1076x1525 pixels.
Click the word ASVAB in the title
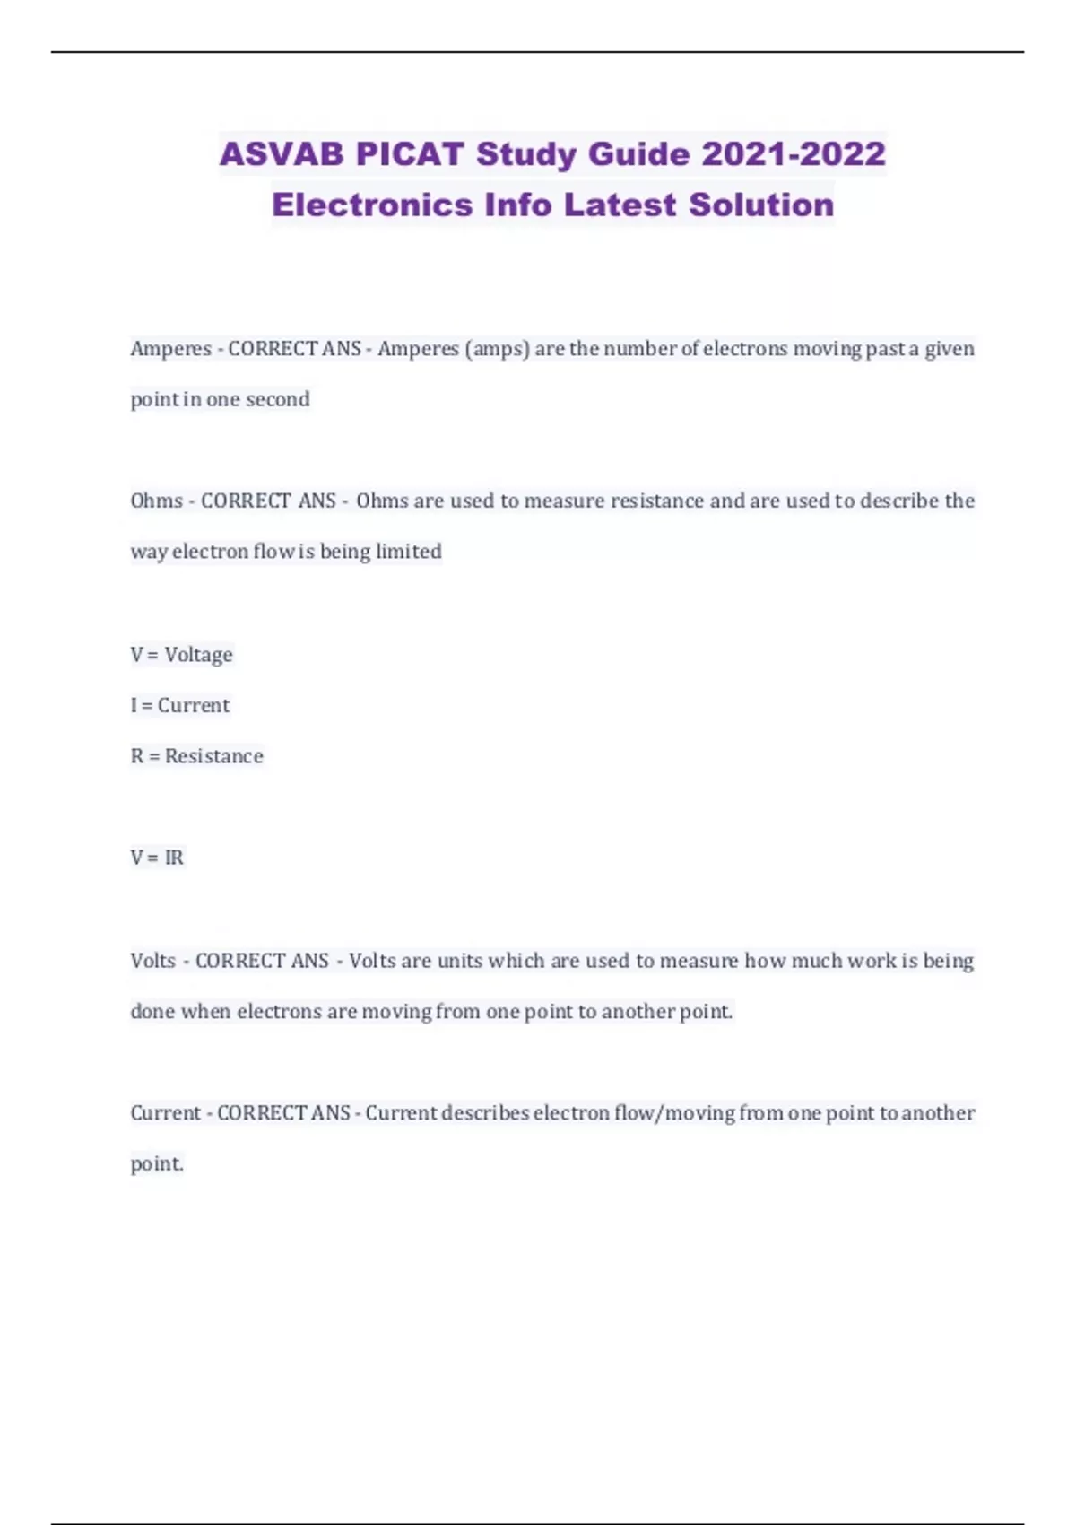[282, 154]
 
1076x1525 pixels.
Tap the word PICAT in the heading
[410, 154]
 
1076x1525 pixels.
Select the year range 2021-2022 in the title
[794, 154]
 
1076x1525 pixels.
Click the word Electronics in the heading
[372, 205]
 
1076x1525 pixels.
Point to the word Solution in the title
[761, 205]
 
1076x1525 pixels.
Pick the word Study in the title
[526, 154]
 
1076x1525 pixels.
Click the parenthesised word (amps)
[497, 349]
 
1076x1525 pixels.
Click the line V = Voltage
[181, 655]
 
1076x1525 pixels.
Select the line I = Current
[180, 706]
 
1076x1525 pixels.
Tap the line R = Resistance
[197, 756]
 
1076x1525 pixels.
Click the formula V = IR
[157, 858]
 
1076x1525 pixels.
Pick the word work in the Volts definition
[872, 961]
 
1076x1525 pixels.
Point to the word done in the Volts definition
[152, 1012]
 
